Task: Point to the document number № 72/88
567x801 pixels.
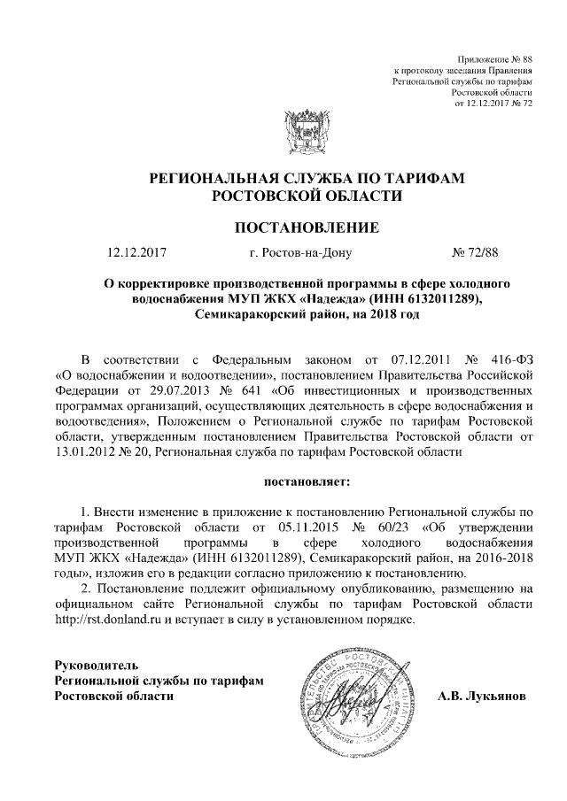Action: coord(476,254)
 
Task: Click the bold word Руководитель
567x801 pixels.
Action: coord(96,664)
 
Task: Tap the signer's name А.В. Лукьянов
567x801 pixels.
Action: coord(481,696)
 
